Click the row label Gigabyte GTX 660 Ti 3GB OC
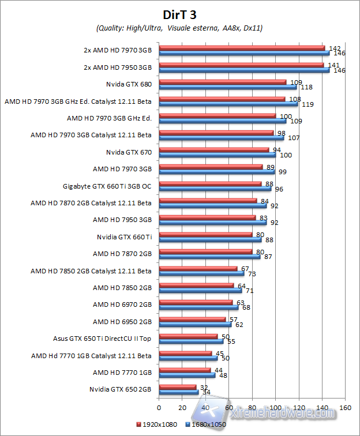tap(107, 186)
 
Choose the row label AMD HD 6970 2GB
tap(122, 305)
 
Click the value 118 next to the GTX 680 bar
tap(307, 87)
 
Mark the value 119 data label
tap(307, 104)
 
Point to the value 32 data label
tap(202, 387)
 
